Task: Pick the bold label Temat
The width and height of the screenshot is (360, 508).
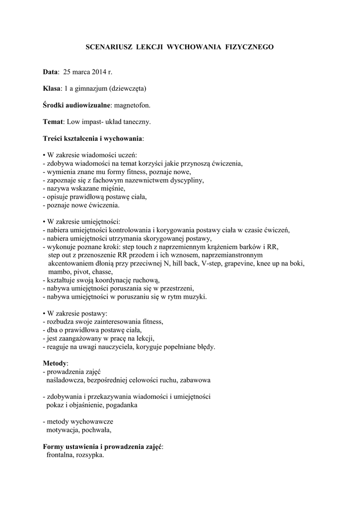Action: tap(53, 121)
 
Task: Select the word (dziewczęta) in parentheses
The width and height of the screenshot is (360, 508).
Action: tap(125, 88)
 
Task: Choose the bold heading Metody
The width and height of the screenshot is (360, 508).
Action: tap(55, 364)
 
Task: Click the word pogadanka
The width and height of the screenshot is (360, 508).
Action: tap(122, 405)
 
